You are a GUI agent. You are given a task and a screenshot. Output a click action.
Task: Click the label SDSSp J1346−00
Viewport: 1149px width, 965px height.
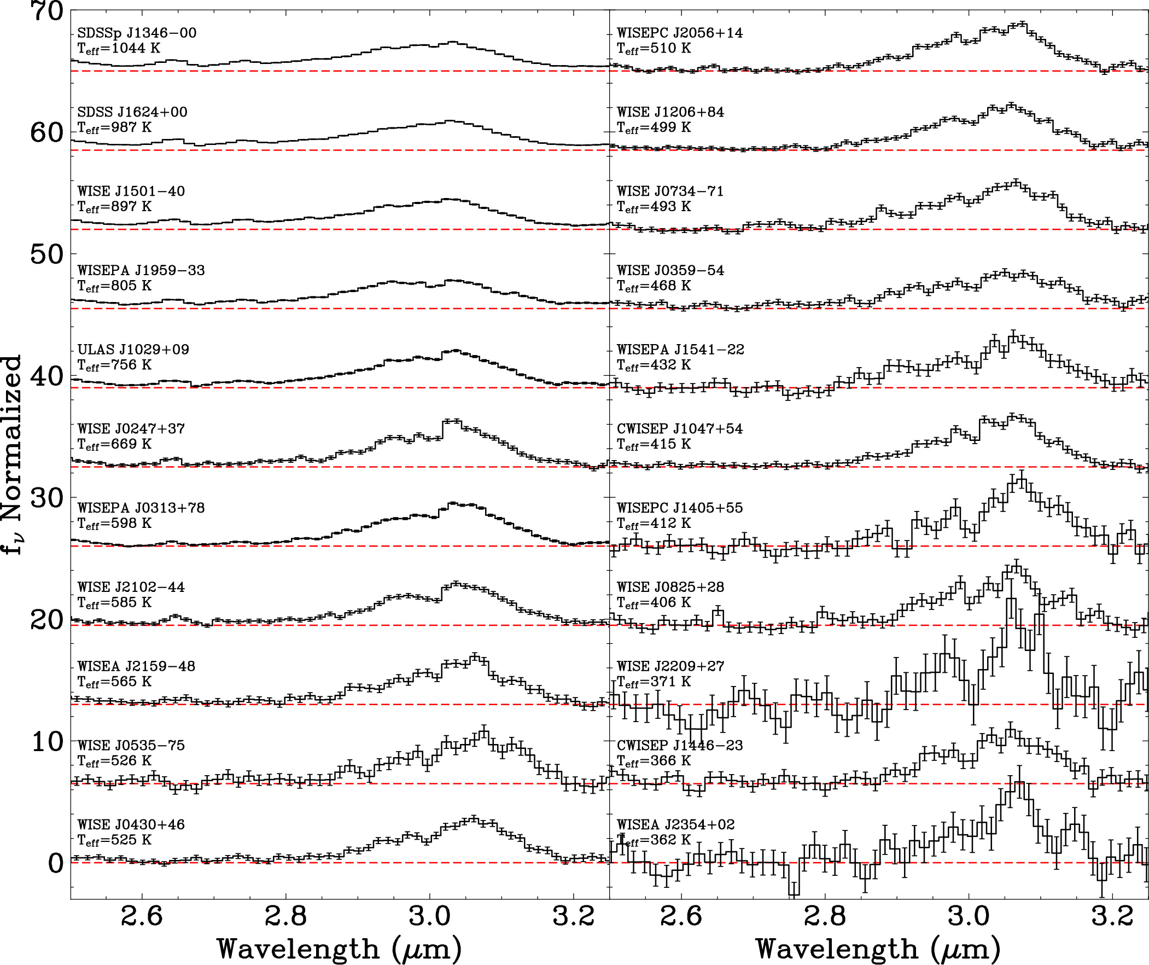137,33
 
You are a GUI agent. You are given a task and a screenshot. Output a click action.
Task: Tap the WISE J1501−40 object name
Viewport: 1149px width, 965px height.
131,191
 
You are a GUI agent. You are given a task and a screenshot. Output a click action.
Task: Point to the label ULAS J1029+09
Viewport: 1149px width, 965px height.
133,349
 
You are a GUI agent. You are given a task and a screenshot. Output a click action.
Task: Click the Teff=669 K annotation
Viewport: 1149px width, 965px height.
114,444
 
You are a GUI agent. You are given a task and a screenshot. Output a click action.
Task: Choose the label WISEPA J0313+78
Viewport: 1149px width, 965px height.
141,508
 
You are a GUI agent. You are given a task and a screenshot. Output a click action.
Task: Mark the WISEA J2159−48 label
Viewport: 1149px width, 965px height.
136,666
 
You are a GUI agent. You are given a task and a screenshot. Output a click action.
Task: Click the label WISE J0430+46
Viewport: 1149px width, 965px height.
131,824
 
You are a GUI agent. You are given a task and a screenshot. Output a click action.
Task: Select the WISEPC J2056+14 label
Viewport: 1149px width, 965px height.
680,33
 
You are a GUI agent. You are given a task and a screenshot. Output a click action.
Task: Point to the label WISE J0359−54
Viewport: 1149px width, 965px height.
670,270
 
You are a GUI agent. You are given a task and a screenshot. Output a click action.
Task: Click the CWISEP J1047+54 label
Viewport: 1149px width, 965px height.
680,428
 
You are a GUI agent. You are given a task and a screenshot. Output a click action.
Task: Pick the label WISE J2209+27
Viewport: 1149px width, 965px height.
670,666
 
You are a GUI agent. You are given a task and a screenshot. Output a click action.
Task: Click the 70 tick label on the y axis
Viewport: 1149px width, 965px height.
48,11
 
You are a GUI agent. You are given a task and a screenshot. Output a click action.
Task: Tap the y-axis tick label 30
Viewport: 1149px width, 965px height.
48,498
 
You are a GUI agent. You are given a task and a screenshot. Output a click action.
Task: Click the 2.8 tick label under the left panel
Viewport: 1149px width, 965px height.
285,916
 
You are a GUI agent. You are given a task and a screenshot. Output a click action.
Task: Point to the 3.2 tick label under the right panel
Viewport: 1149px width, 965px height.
1112,916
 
